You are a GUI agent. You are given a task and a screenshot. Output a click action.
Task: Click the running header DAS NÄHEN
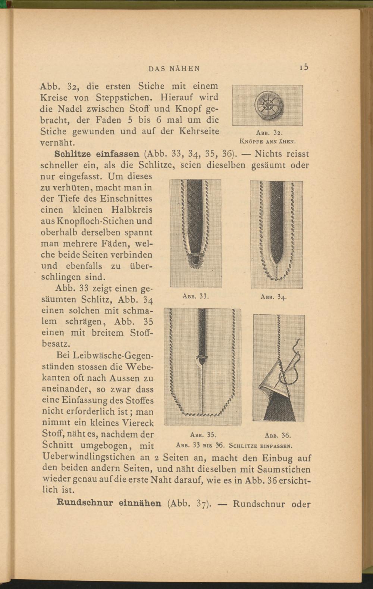pyautogui.click(x=175, y=69)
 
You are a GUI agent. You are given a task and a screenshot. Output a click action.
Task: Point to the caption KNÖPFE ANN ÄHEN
pyautogui.click(x=268, y=141)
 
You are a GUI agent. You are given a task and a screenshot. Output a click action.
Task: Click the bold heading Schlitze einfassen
pyautogui.click(x=97, y=153)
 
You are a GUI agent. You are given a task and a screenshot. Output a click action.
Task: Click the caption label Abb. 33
pyautogui.click(x=195, y=296)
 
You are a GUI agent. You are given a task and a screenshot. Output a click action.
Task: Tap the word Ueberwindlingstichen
pyautogui.click(x=90, y=457)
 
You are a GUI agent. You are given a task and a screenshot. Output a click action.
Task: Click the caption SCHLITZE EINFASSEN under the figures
pyautogui.click(x=260, y=445)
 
